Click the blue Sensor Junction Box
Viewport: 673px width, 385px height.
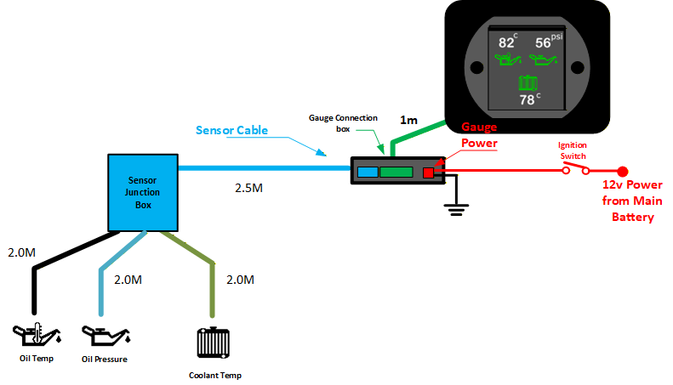pos(143,193)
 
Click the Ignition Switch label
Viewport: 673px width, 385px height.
pos(572,150)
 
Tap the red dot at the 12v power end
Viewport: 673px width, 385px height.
pos(623,171)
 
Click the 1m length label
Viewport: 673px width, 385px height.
pos(409,122)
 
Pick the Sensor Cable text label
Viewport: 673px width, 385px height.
pos(231,130)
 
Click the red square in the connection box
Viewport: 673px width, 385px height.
pos(429,173)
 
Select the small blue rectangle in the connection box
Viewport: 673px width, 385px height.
pos(368,172)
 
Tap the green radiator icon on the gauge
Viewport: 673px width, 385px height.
pos(528,82)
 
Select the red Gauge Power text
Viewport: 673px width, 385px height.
pos(479,135)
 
